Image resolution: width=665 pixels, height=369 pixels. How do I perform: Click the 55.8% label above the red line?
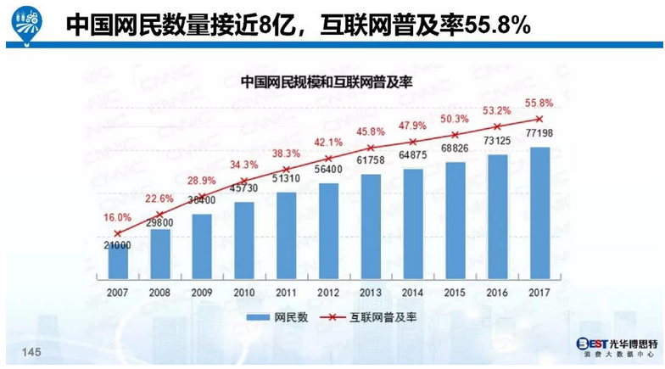tap(540, 103)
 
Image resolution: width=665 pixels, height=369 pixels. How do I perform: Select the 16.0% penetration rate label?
tap(118, 217)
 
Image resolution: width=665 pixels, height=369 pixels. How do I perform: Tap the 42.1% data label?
tap(329, 142)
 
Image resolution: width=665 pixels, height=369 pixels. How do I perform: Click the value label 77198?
tap(540, 134)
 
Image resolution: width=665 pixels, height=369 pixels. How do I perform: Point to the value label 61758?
tap(372, 160)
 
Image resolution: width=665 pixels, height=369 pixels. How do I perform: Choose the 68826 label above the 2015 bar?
tap(455, 149)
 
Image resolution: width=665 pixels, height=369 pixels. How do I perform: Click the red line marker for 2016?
tap(498, 126)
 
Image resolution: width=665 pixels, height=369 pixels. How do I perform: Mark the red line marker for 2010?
tap(245, 182)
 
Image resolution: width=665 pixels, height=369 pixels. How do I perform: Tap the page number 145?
tap(31, 352)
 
